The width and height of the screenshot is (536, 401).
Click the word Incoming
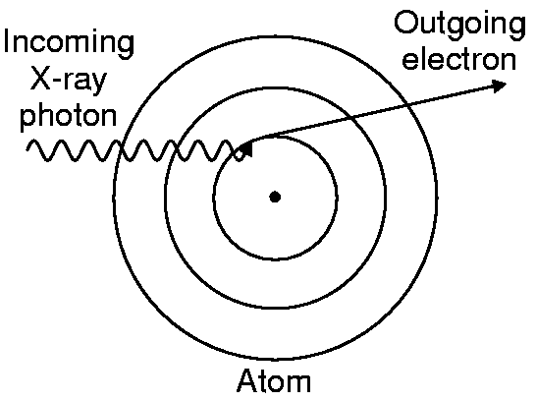[69, 43]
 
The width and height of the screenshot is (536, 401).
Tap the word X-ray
[69, 81]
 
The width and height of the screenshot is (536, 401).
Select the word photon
[69, 116]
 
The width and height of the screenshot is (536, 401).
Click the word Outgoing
[460, 24]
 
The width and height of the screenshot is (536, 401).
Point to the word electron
[459, 59]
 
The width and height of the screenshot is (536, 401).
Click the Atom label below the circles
[274, 380]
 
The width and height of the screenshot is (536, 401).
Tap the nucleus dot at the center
[275, 198]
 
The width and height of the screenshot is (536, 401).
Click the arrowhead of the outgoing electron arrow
[499, 86]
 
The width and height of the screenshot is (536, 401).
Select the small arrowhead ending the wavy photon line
[246, 149]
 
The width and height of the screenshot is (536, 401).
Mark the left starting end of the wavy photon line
[28, 147]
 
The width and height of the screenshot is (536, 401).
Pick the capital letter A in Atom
[248, 380]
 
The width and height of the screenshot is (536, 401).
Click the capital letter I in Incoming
[7, 41]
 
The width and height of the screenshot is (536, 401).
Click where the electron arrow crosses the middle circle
[351, 117]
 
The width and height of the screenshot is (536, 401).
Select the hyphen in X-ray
[57, 81]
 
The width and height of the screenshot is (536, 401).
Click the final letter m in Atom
[298, 384]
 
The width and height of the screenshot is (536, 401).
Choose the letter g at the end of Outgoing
[516, 28]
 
